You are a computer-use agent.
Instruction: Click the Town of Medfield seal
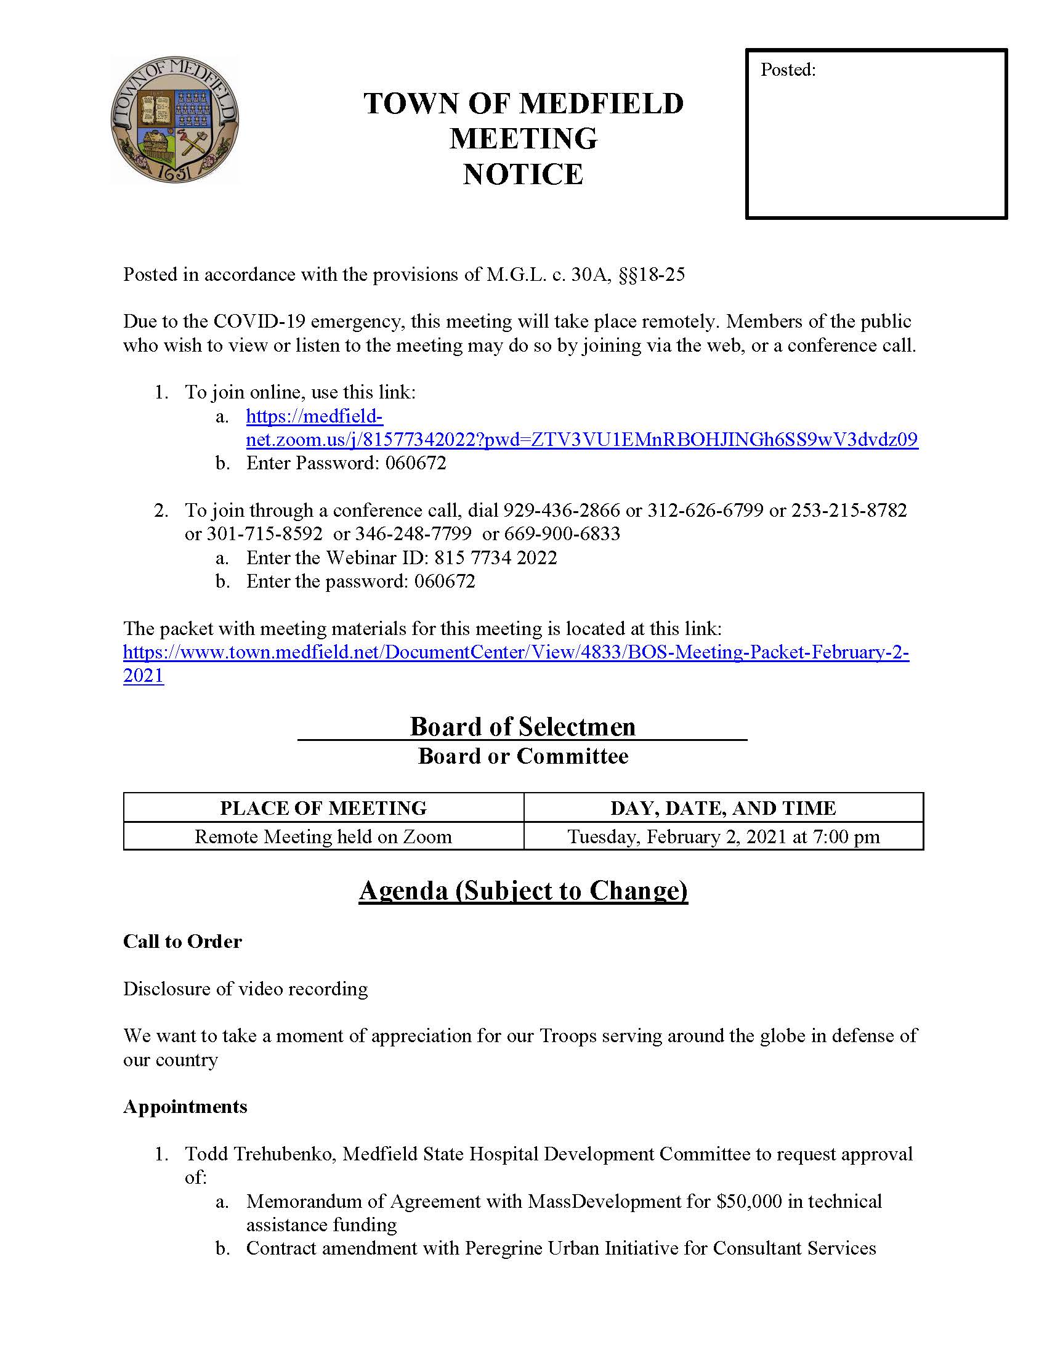pos(174,120)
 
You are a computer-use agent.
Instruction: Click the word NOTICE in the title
pos(523,174)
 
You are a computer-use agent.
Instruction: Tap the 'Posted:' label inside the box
pos(788,70)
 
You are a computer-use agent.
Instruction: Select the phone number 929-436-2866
pos(561,511)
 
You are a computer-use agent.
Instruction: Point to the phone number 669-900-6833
pos(562,534)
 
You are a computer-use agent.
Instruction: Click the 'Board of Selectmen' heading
pos(523,727)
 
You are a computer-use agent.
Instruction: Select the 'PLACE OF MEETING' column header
pos(323,808)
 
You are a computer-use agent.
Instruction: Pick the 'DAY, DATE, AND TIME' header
pos(723,808)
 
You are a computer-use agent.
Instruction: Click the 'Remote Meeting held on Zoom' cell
pos(323,837)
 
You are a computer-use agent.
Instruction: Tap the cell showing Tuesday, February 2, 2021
pos(723,837)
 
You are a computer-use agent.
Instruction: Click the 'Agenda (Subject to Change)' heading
pos(523,891)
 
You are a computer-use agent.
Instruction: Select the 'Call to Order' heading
pos(182,942)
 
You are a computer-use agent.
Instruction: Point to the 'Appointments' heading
pos(185,1107)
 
